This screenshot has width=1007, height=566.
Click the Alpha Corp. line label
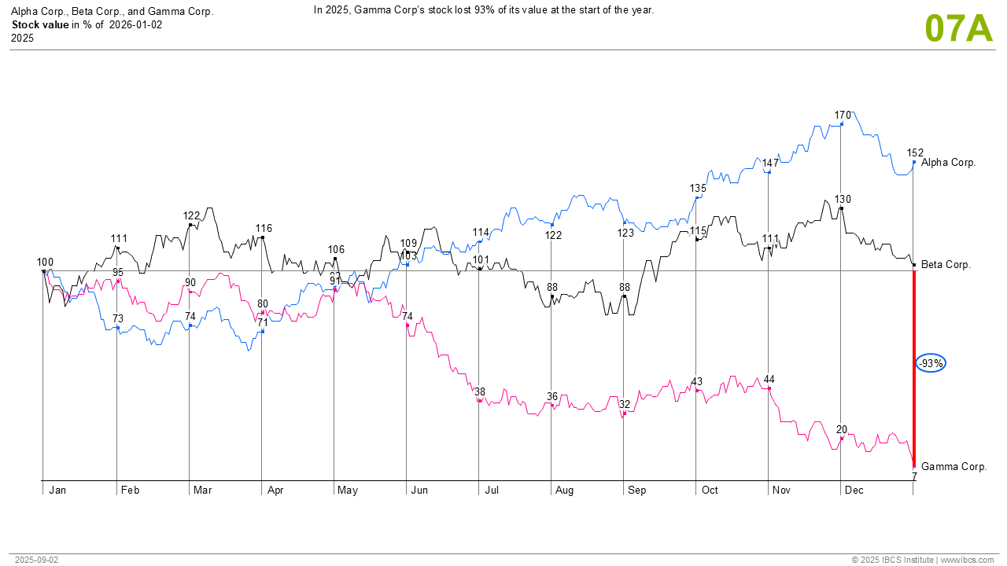948,163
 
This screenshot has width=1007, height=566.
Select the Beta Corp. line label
946,265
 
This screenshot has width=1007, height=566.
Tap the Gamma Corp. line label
954,466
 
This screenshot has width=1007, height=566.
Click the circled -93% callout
931,363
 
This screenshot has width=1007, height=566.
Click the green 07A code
959,28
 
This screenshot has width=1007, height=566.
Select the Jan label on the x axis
57,491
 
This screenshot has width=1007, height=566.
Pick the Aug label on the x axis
564,491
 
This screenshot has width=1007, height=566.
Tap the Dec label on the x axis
854,491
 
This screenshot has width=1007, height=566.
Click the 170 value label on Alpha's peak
843,116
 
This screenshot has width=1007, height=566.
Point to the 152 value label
915,153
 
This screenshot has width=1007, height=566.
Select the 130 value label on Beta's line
843,199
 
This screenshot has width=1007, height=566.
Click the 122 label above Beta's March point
191,215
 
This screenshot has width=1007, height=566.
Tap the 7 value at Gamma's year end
915,476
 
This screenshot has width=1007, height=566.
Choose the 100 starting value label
45,262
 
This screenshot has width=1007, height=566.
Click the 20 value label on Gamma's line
842,429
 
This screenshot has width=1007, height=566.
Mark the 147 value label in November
770,163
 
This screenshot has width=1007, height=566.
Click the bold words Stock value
40,24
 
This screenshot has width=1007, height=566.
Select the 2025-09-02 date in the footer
36,560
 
